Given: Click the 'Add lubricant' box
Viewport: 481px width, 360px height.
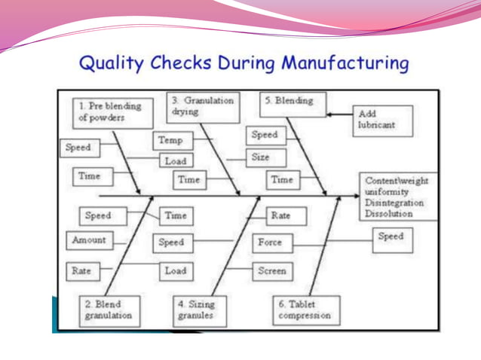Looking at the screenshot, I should point(383,120).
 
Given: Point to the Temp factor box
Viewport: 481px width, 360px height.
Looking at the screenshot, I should point(173,140).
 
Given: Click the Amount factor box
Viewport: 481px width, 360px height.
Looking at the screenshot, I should point(89,241).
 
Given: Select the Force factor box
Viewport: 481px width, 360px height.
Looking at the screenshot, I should point(271,243).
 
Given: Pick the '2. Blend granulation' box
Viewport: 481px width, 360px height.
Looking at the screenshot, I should point(112,310).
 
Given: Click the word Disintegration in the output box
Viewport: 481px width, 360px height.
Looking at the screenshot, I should point(394,203).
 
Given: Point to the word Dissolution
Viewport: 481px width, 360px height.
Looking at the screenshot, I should point(389,213).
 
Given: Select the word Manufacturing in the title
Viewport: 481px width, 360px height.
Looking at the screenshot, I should point(345,63).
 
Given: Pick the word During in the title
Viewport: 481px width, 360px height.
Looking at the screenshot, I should point(246,63).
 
